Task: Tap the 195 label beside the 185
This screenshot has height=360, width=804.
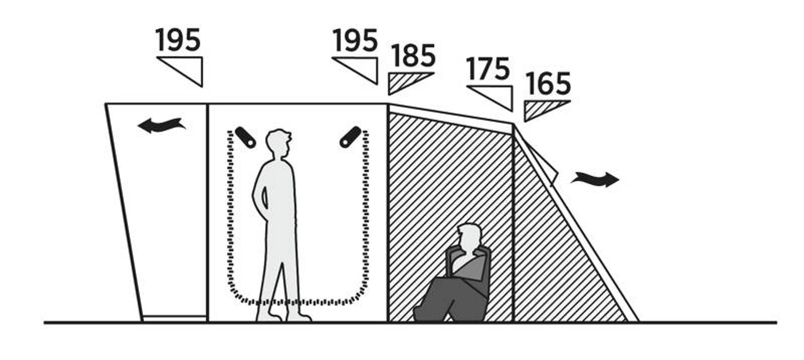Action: (355, 40)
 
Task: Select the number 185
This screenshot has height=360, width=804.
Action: (413, 56)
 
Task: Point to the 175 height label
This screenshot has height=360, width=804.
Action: (488, 69)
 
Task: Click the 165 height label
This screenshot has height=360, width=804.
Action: (548, 84)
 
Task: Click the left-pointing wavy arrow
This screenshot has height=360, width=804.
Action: (162, 125)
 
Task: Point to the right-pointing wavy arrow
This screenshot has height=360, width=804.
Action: (595, 179)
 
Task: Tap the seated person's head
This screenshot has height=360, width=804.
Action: (469, 238)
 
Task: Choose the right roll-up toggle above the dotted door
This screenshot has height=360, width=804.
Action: (350, 137)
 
